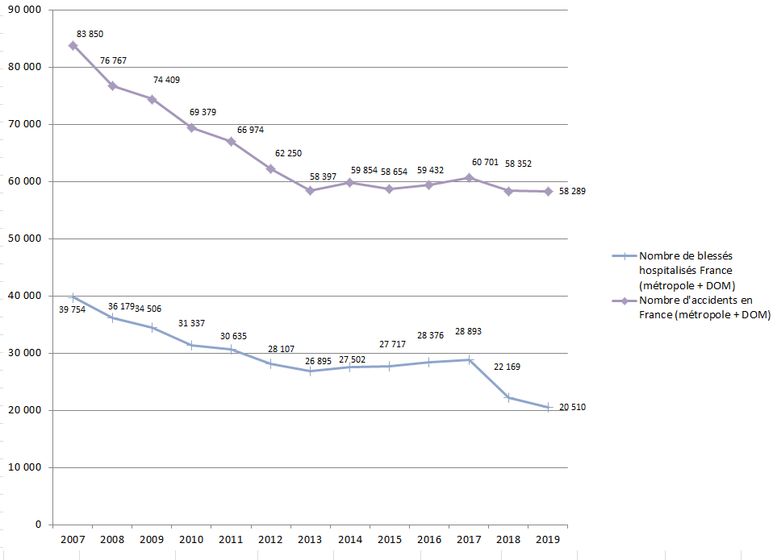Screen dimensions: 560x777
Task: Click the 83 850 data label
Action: (90, 34)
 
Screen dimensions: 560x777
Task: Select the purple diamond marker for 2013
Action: (310, 191)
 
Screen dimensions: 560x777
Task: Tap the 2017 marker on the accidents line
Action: (468, 177)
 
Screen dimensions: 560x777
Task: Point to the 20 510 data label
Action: (571, 408)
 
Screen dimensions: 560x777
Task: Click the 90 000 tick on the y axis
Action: (31, 10)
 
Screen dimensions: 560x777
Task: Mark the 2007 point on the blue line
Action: (73, 297)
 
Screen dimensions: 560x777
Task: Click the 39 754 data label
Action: (73, 309)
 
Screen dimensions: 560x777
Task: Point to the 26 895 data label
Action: (319, 361)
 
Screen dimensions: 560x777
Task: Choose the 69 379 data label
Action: (202, 112)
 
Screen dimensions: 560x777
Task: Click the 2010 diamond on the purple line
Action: (191, 128)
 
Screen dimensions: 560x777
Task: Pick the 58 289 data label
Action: (571, 192)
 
